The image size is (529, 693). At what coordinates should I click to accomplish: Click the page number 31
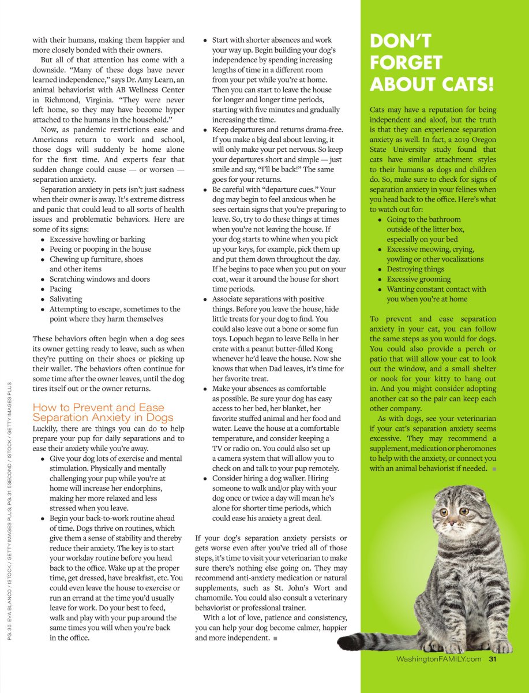[x=493, y=660]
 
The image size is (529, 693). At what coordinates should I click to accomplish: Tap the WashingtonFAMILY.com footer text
[x=439, y=660]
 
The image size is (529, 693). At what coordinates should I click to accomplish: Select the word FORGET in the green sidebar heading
[x=406, y=62]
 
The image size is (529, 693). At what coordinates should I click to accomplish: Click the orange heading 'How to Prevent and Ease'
[x=99, y=407]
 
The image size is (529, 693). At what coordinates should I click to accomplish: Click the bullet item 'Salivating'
[x=66, y=299]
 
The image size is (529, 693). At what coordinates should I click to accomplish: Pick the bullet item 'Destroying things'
[x=415, y=269]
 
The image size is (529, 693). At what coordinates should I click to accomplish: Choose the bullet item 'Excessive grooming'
[x=419, y=279]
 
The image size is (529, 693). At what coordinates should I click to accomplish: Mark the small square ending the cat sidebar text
[x=494, y=469]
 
